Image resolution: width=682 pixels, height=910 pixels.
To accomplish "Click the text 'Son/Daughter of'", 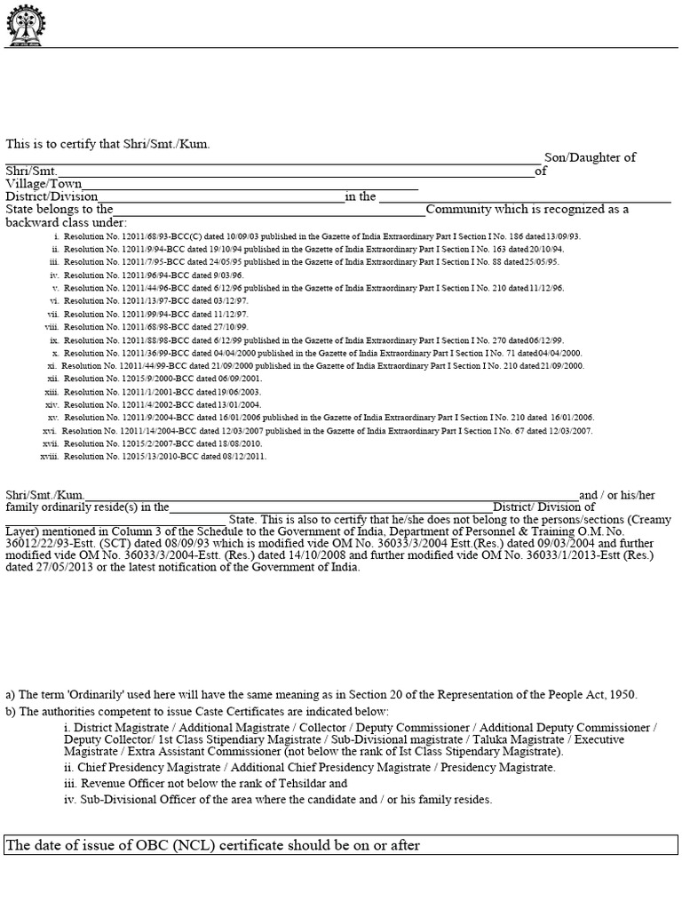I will (x=590, y=157).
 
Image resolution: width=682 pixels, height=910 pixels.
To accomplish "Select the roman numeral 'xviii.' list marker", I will (x=49, y=456).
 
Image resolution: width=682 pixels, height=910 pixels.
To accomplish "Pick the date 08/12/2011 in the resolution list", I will (x=242, y=456).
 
